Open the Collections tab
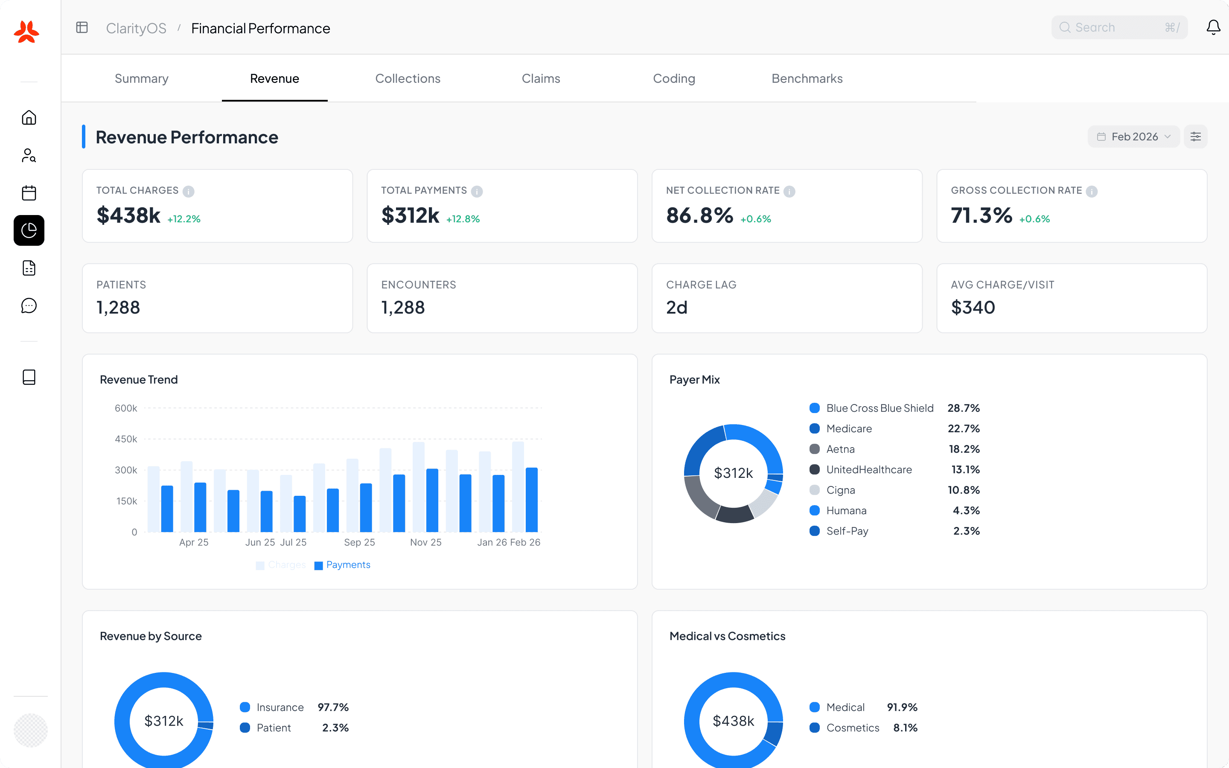pyautogui.click(x=407, y=79)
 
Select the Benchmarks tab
pyautogui.click(x=807, y=79)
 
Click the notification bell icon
pyautogui.click(x=1213, y=27)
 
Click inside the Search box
pyautogui.click(x=1112, y=27)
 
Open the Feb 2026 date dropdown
pyautogui.click(x=1133, y=137)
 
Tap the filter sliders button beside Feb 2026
pyautogui.click(x=1195, y=137)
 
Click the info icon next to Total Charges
pyautogui.click(x=189, y=192)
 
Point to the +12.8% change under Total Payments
pyautogui.click(x=463, y=219)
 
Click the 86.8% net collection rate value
pyautogui.click(x=699, y=215)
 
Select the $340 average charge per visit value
pyautogui.click(x=973, y=307)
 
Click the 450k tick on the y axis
pyautogui.click(x=126, y=439)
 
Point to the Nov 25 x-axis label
pyautogui.click(x=425, y=542)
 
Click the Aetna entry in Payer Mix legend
pyautogui.click(x=840, y=449)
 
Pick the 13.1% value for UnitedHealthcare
pyautogui.click(x=965, y=469)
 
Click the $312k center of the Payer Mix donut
pyautogui.click(x=733, y=473)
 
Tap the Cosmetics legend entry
pyautogui.click(x=852, y=728)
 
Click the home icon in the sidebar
pyautogui.click(x=29, y=118)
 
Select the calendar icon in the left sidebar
pyautogui.click(x=29, y=193)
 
